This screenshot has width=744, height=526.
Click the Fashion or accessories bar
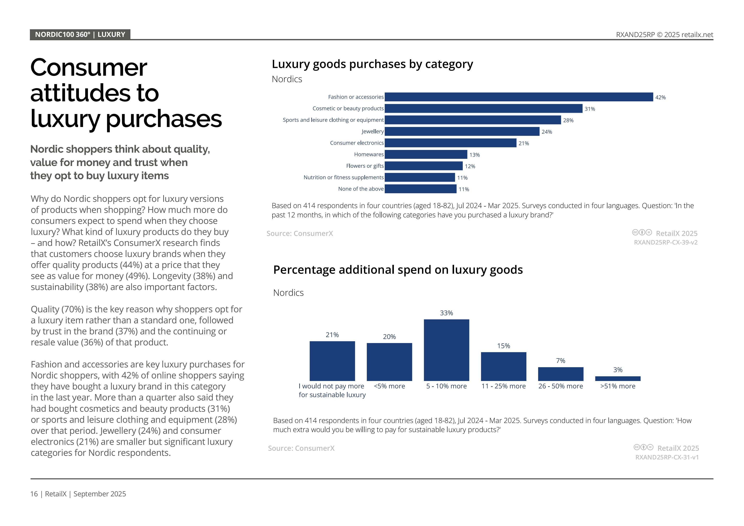point(519,97)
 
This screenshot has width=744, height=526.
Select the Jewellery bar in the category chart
point(462,131)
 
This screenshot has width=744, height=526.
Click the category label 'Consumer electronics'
point(357,143)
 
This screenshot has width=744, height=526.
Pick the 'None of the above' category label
point(361,189)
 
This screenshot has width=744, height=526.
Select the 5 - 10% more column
point(446,350)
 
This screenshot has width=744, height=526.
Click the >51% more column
point(618,378)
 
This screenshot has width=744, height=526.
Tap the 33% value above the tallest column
point(446,313)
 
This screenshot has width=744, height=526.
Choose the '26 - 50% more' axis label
point(560,386)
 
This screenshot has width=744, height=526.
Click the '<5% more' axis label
point(389,386)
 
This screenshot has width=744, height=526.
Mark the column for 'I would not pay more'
point(332,361)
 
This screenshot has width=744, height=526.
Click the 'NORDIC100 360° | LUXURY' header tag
point(80,34)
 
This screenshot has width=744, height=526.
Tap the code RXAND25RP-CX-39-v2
point(666,242)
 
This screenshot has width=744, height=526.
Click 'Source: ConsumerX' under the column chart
point(301,448)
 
